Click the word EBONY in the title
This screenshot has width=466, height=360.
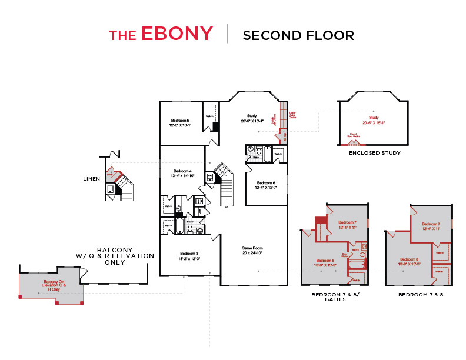177,34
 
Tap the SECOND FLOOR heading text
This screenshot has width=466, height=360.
298,35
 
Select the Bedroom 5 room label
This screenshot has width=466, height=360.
180,119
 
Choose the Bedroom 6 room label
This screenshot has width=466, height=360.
267,183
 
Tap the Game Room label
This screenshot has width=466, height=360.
252,248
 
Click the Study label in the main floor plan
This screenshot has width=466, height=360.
251,115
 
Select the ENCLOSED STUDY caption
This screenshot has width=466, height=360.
374,153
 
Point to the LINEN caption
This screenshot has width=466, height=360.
91,178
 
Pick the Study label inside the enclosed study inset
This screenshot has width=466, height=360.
374,118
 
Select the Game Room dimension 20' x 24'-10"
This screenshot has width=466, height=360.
252,254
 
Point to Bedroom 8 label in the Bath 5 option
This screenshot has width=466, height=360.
325,260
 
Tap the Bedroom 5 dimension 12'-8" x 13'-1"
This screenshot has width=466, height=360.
180,125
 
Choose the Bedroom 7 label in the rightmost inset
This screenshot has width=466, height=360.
431,224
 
